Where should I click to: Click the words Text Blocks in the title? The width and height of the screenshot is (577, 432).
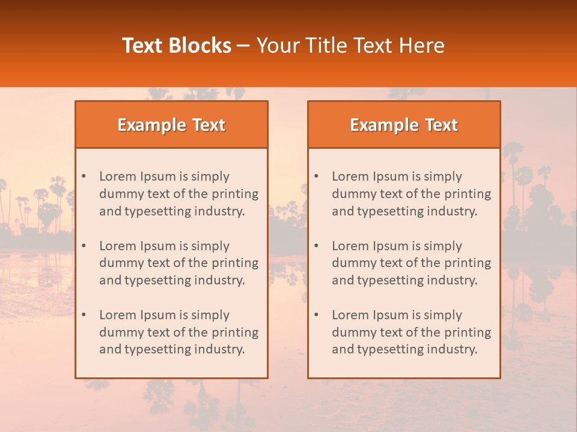(x=177, y=46)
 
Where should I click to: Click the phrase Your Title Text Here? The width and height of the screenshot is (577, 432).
(x=350, y=46)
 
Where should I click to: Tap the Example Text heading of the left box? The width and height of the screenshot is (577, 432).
(x=171, y=125)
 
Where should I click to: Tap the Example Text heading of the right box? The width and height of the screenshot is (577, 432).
(x=404, y=125)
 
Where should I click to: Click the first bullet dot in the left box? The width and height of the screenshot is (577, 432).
(x=84, y=176)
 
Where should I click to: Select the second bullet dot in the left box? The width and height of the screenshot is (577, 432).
(x=84, y=246)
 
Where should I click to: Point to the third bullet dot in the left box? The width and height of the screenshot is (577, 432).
(x=84, y=315)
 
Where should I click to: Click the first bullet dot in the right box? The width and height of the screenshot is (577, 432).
(x=316, y=176)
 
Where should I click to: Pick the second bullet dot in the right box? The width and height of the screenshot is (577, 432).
(x=316, y=246)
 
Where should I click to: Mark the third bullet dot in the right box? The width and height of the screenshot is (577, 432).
(x=316, y=315)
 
